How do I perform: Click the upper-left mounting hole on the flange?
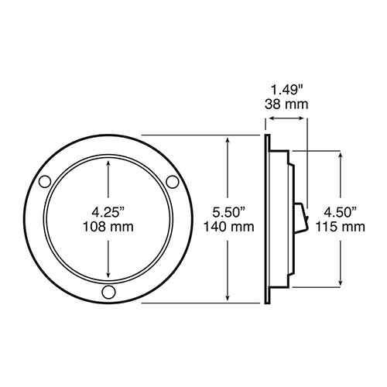coord(45,182)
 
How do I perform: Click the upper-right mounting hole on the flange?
coord(173,182)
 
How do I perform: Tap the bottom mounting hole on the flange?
coord(108,292)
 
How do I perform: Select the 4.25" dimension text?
coord(108,212)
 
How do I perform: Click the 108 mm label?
coord(108,227)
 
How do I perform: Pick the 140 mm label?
coord(229,227)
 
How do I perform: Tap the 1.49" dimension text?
coord(286,90)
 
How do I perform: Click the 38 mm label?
coord(286,104)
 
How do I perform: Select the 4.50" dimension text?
coord(341,212)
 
